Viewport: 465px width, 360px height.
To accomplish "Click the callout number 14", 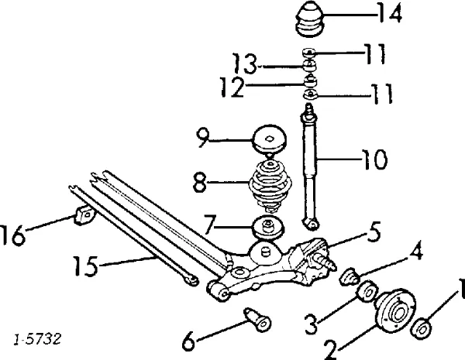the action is (x=390, y=12).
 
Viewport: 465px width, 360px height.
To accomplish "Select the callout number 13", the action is (x=244, y=63).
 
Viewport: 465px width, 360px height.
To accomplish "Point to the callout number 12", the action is (x=232, y=87).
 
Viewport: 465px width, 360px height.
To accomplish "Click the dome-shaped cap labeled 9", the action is (x=270, y=139).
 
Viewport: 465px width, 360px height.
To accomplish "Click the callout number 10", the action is (x=374, y=159).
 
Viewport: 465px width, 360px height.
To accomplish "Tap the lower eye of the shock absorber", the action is (x=311, y=224).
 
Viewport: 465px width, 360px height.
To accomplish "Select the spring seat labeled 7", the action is (x=268, y=228).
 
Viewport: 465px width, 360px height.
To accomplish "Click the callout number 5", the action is (x=373, y=232).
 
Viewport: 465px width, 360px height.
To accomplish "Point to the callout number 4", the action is (x=415, y=253).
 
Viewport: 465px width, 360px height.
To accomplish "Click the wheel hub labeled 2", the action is (x=395, y=310).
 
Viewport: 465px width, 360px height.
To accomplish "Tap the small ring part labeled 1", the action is (x=422, y=328).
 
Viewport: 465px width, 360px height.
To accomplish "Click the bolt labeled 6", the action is (x=257, y=320).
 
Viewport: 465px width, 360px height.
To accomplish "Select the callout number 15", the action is (x=85, y=266).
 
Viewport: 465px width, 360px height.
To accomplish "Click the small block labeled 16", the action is (x=84, y=214).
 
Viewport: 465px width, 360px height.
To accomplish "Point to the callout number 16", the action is (x=12, y=235).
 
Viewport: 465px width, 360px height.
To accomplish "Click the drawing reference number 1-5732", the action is (x=37, y=338).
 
